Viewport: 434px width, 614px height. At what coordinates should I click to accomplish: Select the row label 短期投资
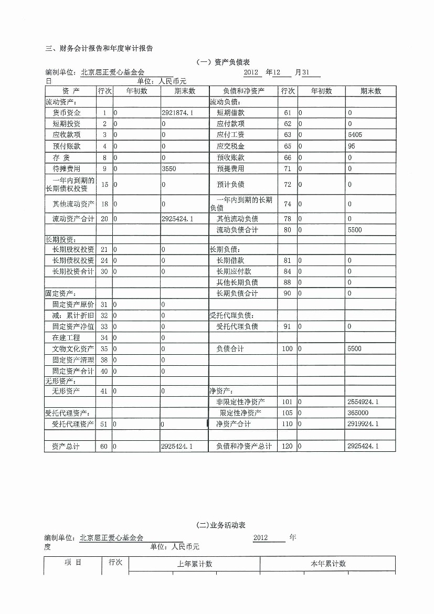67,124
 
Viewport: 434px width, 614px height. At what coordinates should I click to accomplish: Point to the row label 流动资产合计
70,218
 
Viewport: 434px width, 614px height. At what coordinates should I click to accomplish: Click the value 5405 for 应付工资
355,135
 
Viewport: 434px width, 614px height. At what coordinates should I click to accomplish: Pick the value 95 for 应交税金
352,146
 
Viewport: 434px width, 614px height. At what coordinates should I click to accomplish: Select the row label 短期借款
230,113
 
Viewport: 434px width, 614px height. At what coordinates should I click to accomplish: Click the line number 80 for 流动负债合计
287,230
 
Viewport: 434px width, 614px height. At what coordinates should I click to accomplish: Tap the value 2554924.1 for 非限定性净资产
363,402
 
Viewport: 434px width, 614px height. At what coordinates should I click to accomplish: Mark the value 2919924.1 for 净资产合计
363,424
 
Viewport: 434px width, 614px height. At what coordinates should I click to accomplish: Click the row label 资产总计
66,446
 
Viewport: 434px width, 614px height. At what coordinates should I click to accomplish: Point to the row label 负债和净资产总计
244,446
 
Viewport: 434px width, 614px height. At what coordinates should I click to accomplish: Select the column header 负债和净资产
244,91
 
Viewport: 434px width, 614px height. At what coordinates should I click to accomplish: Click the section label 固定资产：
60,293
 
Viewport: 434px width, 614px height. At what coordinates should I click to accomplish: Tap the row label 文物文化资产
73,349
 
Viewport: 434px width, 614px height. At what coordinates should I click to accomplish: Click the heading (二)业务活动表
220,525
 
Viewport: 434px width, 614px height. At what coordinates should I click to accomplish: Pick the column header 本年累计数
328,564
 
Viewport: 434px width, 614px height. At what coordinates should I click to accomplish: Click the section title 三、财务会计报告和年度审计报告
99,49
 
